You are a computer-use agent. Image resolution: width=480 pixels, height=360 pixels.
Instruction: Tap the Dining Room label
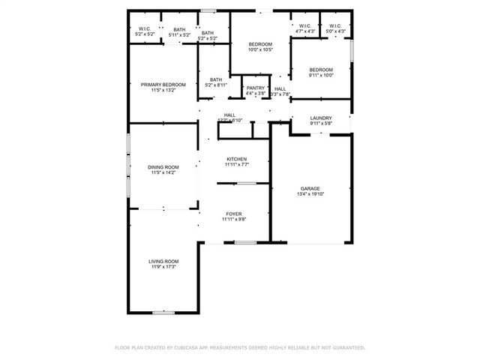pos(163,166)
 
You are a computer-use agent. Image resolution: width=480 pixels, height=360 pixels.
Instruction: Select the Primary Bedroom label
pos(163,85)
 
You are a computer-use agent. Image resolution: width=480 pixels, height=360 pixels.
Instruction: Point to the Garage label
pos(310,188)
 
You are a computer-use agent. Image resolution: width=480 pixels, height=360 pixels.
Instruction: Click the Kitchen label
pos(237,159)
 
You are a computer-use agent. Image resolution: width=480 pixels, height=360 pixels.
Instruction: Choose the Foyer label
pos(234,214)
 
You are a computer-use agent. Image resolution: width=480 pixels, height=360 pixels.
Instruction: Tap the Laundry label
pos(320,118)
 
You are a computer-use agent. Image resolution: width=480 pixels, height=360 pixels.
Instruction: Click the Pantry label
pos(256,88)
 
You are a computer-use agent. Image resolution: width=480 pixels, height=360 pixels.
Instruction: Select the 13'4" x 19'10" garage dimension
pos(310,194)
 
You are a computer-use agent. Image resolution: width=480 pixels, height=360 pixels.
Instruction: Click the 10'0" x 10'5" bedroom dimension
pos(260,50)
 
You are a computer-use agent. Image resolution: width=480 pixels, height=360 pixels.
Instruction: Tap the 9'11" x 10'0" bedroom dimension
pos(320,75)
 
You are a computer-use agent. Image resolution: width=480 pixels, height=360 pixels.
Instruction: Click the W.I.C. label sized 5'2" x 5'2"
pos(145,29)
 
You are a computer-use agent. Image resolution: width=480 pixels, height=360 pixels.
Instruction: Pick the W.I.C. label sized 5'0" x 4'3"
pos(335,26)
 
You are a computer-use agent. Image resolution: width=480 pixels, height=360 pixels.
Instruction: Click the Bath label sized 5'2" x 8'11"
pos(216,80)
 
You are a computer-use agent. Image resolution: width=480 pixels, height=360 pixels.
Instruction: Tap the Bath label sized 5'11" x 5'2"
pos(179,29)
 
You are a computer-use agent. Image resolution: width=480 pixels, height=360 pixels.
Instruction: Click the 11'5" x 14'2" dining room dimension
pos(163,172)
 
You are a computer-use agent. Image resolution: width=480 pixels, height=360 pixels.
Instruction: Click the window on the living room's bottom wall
pos(163,313)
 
